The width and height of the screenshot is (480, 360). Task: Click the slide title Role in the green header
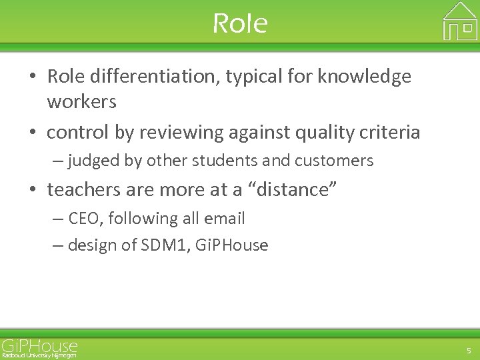click(240, 24)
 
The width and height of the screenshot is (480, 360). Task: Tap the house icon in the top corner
click(460, 21)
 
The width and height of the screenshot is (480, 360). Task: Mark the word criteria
click(394, 133)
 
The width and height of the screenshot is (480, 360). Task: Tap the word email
click(224, 219)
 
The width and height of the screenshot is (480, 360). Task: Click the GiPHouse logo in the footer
click(39, 345)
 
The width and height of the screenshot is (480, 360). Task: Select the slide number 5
click(467, 350)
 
